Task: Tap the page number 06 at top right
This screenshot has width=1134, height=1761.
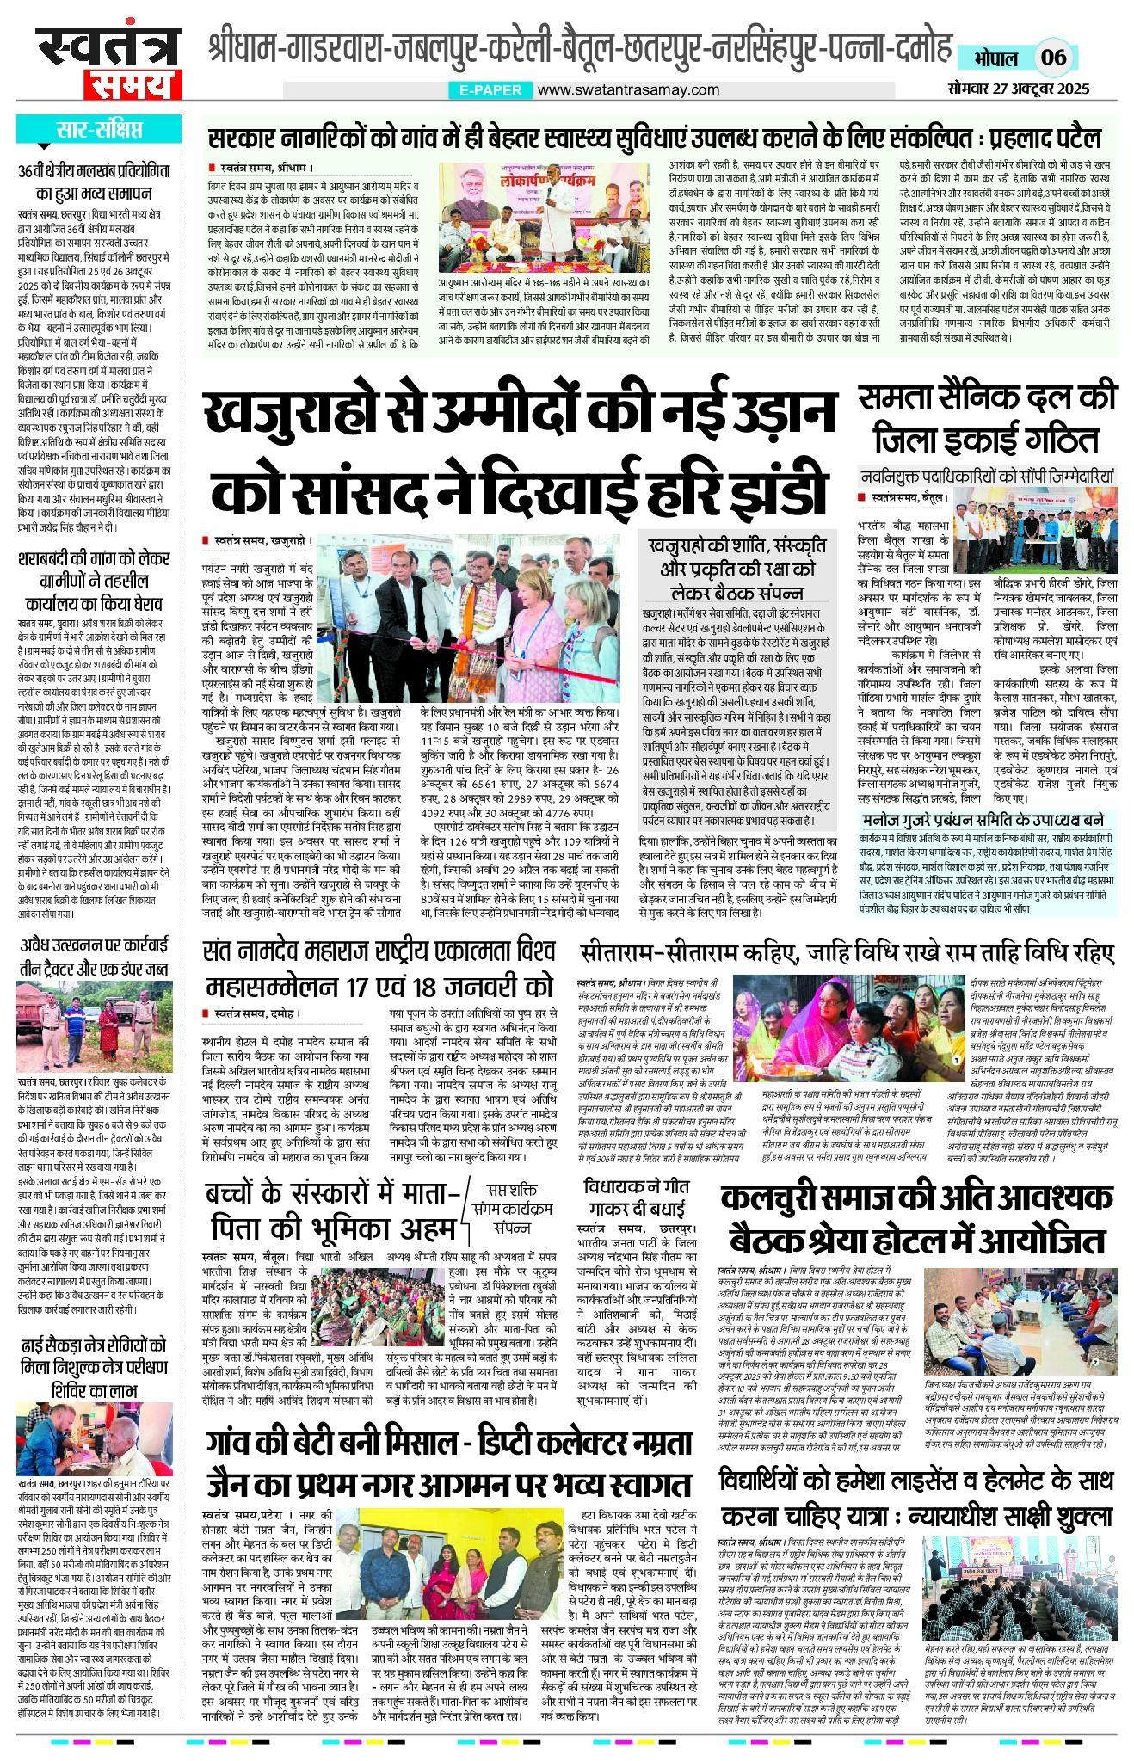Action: (x=1053, y=58)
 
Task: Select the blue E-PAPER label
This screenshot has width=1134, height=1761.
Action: (x=490, y=89)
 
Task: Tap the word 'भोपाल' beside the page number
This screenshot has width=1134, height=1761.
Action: (x=995, y=58)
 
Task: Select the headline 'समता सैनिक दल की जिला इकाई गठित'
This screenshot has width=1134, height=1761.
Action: (x=987, y=418)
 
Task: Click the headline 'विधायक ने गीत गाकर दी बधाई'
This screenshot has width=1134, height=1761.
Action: (x=636, y=1196)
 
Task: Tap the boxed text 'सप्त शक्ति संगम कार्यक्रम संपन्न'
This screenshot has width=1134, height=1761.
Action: (x=511, y=1208)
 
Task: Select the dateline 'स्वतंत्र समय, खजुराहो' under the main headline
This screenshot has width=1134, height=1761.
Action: (x=263, y=540)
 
